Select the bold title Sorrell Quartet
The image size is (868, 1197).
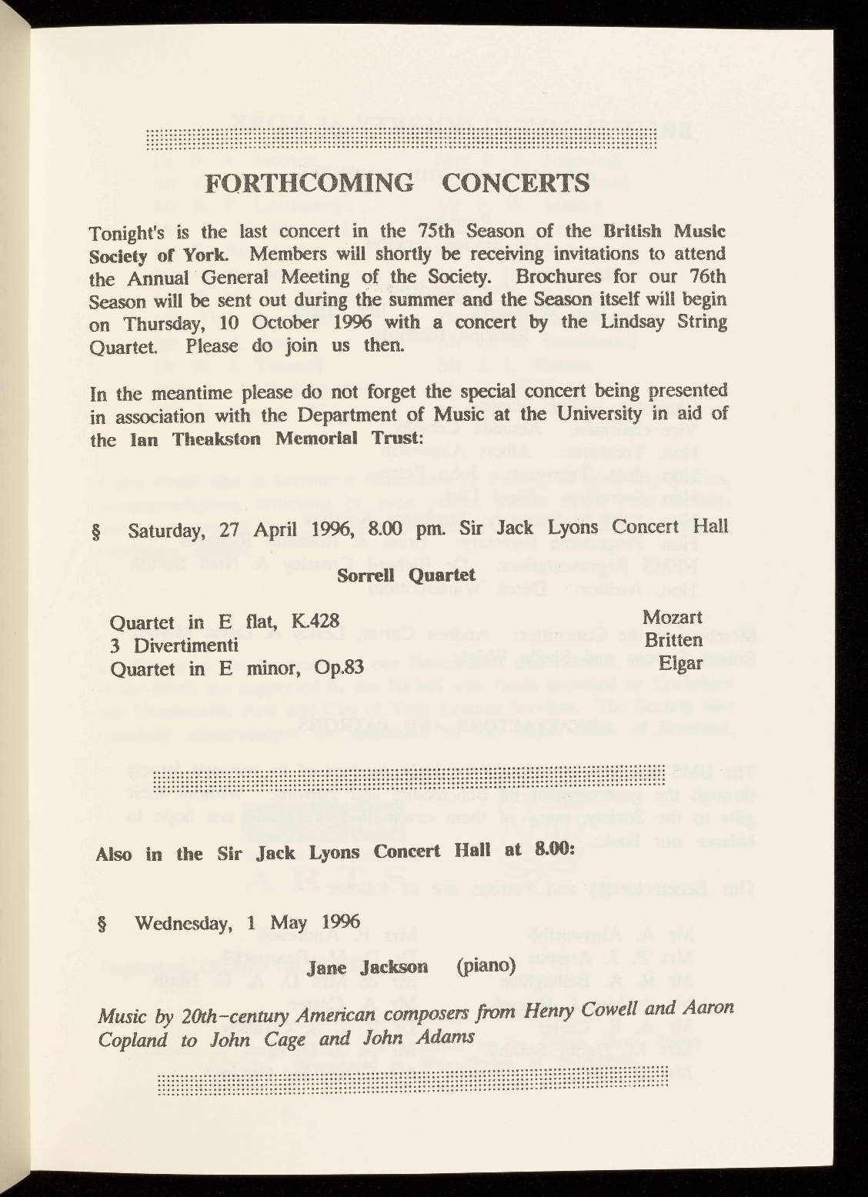tap(406, 575)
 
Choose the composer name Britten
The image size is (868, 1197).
tap(673, 640)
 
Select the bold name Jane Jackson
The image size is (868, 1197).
tap(367, 967)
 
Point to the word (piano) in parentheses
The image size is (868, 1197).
tap(485, 965)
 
